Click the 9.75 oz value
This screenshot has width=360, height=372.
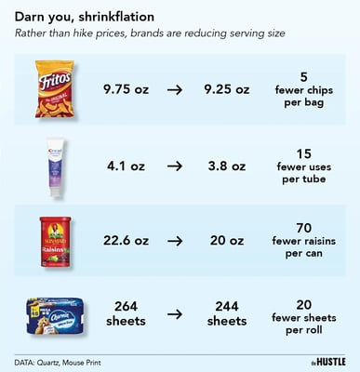tap(126, 89)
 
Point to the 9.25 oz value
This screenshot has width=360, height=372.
tap(226, 89)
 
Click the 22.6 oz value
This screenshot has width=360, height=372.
tap(126, 239)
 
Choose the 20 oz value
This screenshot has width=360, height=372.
tap(226, 239)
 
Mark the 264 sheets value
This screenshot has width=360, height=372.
tap(126, 312)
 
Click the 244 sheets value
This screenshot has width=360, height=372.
tap(226, 312)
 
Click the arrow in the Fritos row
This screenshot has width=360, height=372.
tap(176, 89)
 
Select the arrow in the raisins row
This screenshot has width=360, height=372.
tap(176, 239)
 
